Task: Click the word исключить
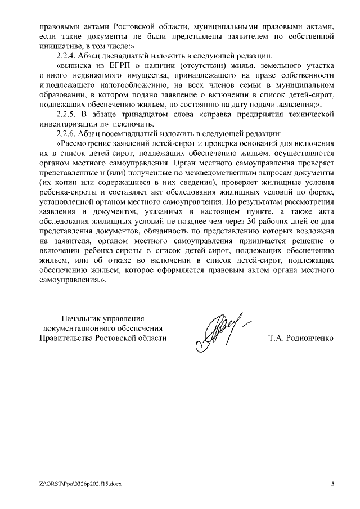pos(136,124)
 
